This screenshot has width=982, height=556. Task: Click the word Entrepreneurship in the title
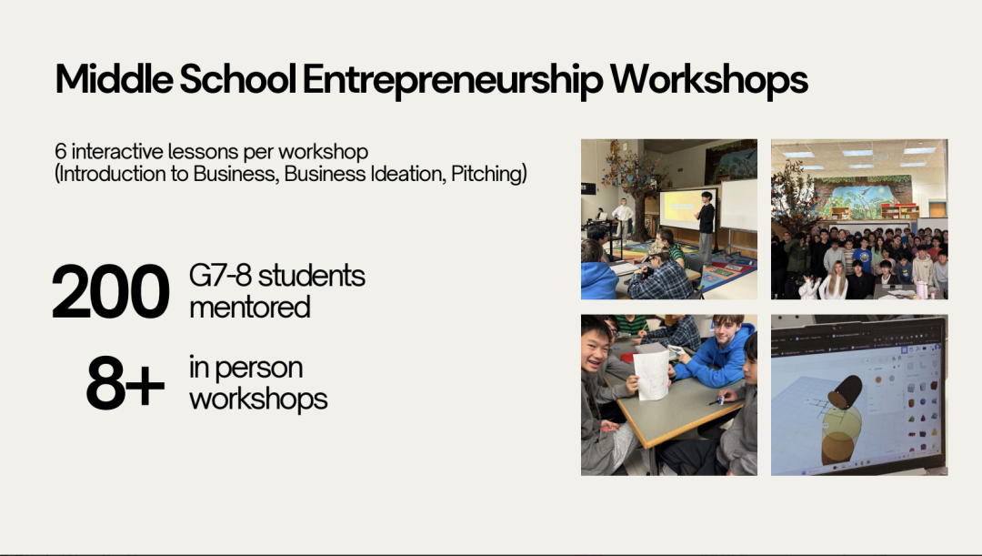(453, 80)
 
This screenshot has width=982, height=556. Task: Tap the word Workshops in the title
(709, 79)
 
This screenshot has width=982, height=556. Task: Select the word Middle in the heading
(114, 78)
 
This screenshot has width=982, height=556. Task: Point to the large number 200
(110, 291)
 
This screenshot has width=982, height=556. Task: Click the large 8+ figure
(125, 383)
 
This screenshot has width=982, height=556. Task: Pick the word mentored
(250, 308)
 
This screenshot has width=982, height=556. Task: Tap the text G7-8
(220, 275)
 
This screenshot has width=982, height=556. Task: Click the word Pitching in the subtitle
(489, 174)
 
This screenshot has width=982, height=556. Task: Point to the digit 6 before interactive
(61, 151)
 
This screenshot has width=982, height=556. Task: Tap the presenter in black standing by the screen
(706, 228)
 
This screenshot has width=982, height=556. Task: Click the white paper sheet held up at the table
(651, 375)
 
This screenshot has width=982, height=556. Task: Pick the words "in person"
(245, 368)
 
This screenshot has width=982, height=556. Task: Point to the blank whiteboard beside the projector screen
(738, 205)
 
